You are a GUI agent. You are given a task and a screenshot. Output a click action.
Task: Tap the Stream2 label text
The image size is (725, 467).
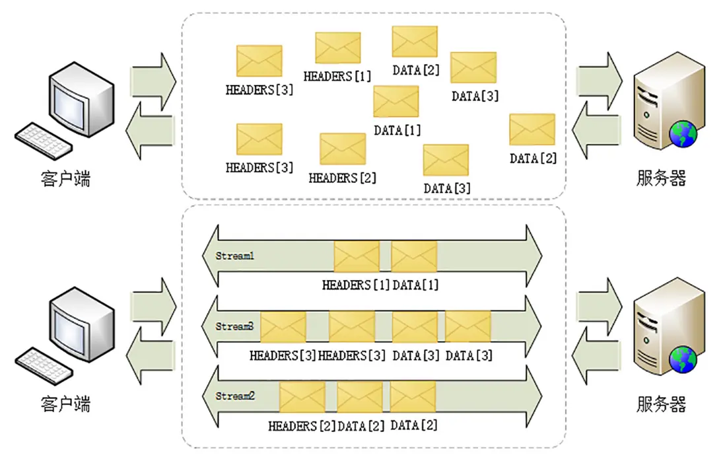pos(235,396)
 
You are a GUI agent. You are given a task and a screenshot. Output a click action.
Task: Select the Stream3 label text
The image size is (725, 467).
pos(235,326)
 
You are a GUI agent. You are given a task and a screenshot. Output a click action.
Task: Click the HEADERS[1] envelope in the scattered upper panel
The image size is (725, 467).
pos(338,48)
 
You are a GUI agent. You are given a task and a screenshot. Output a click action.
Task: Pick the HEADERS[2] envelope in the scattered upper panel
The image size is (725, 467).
pos(343,149)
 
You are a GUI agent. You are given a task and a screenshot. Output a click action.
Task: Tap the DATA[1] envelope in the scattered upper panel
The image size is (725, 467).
pos(396,102)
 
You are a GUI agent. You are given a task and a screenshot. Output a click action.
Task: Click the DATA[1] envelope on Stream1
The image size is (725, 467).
pos(414,256)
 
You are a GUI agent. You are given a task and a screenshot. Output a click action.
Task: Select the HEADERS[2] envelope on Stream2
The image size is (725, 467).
pos(302,397)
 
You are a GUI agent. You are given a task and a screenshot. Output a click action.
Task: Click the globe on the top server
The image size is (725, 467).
pos(683,135)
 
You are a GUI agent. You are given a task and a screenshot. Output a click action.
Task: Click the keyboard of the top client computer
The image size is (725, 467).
pos(42,141)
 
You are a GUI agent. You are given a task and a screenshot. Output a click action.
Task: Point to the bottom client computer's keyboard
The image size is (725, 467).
pos(42,365)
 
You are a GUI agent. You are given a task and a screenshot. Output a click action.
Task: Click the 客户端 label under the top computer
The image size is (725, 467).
pos(66,178)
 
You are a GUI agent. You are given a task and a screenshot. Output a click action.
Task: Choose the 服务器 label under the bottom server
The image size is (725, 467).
pos(661,404)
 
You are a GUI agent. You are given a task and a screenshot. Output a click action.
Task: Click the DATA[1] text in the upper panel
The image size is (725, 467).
pos(397,130)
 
